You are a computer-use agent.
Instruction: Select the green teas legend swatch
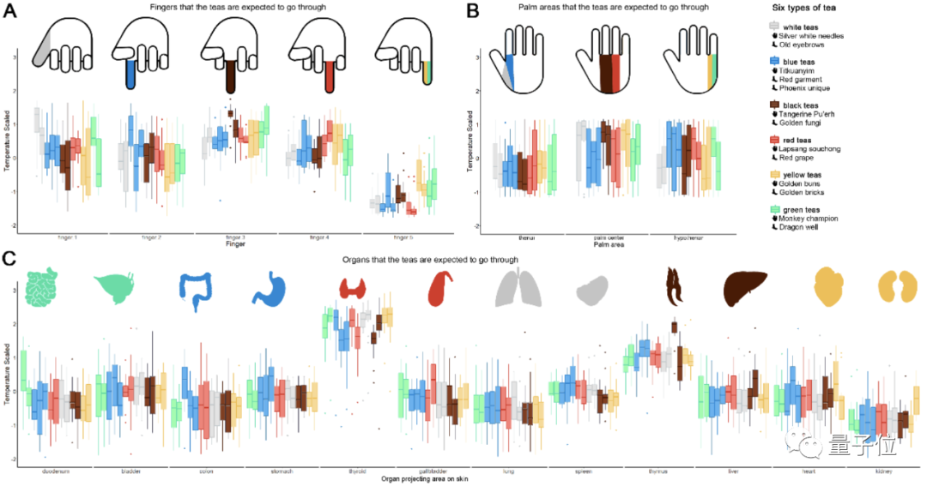776,210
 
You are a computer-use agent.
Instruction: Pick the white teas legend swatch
776,27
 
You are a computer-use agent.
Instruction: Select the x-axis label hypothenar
693,235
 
